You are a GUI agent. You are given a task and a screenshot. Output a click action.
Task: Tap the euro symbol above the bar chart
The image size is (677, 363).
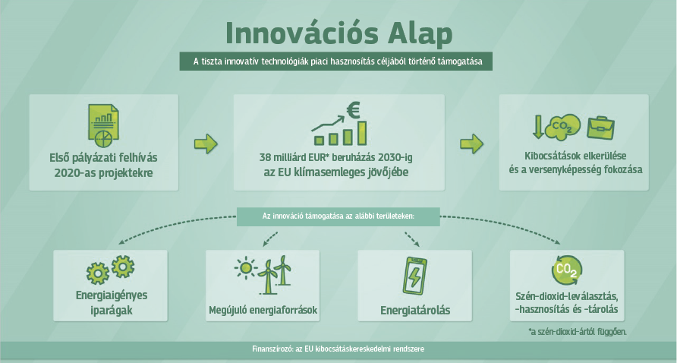tap(353, 110)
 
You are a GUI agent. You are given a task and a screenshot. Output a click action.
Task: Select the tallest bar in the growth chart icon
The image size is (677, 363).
tap(362, 133)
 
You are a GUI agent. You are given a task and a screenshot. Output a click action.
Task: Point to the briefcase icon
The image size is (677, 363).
tap(600, 128)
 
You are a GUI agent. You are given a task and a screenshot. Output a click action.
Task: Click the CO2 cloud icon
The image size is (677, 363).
tap(562, 127)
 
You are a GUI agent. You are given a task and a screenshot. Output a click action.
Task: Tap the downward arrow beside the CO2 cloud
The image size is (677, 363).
tap(537, 127)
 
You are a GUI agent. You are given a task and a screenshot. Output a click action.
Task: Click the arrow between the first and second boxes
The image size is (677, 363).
tap(206, 144)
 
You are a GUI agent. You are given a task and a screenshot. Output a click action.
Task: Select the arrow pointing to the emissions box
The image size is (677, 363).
tap(471, 144)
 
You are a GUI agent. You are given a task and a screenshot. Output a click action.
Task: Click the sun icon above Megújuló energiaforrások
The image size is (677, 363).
tap(246, 268)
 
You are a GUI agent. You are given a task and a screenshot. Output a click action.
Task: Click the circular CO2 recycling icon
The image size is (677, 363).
tap(567, 270)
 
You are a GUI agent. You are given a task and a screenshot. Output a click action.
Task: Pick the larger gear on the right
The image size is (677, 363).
tap(123, 267)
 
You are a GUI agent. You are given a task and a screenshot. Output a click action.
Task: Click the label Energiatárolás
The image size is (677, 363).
tap(415, 311)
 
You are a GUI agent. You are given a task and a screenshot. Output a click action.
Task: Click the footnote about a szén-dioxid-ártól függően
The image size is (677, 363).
tap(578, 332)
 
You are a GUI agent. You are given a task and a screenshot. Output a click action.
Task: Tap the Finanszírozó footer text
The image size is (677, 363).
tap(338, 349)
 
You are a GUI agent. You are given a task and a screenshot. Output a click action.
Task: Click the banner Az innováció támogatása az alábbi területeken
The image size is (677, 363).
tap(338, 216)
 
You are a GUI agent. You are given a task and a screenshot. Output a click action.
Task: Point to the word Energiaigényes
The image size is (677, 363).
tap(112, 295)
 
